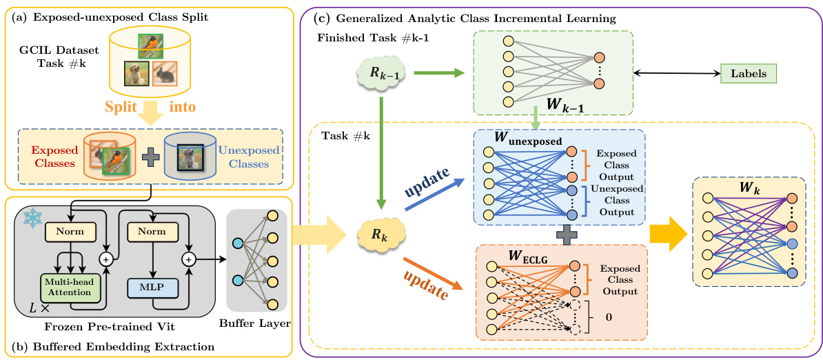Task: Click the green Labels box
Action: (748, 71)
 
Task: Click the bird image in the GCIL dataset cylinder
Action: (145, 46)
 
